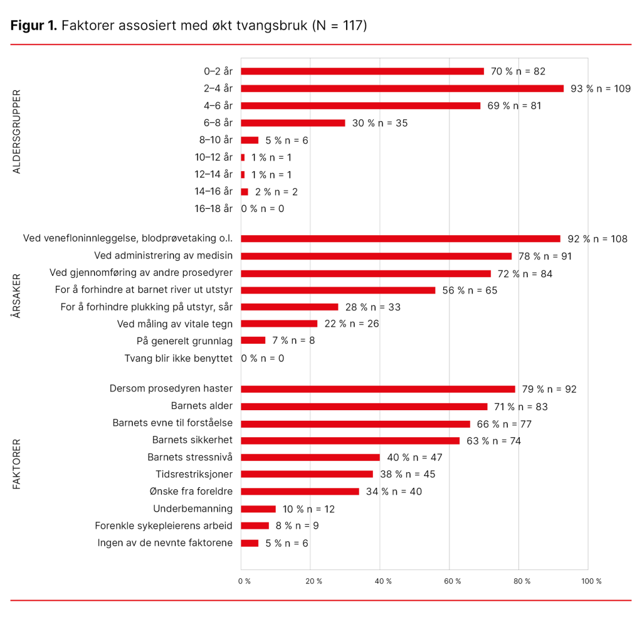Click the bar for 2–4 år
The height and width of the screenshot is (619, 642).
point(402,88)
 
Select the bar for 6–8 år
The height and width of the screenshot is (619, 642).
point(293,123)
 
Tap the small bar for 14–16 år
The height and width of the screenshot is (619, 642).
point(245,191)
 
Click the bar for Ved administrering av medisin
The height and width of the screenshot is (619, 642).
point(376,256)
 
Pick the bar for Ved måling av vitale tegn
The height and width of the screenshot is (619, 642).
point(279,324)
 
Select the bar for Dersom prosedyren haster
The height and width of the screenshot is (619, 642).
point(377,389)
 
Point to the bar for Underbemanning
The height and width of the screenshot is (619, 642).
point(258,509)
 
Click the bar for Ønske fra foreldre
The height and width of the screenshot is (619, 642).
point(300,491)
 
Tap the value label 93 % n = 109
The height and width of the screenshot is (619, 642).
point(600,88)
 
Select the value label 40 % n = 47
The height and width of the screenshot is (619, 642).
point(415,457)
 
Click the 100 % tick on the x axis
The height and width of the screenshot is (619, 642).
point(591,581)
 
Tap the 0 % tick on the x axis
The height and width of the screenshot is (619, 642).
point(245,581)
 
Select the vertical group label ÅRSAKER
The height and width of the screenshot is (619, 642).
point(17,296)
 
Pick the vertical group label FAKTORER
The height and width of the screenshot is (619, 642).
point(17,464)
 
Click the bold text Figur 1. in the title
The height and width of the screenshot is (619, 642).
point(34,26)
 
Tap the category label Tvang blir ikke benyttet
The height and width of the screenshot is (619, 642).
point(179,358)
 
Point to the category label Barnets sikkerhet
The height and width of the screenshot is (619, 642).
point(192,440)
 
